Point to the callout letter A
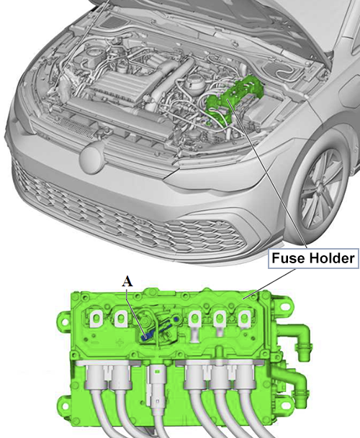127,282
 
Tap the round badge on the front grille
92,158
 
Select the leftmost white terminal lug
96,318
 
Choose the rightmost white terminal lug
244,319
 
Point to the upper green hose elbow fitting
302,339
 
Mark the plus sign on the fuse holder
120,343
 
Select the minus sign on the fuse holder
94,343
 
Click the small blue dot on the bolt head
176,319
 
